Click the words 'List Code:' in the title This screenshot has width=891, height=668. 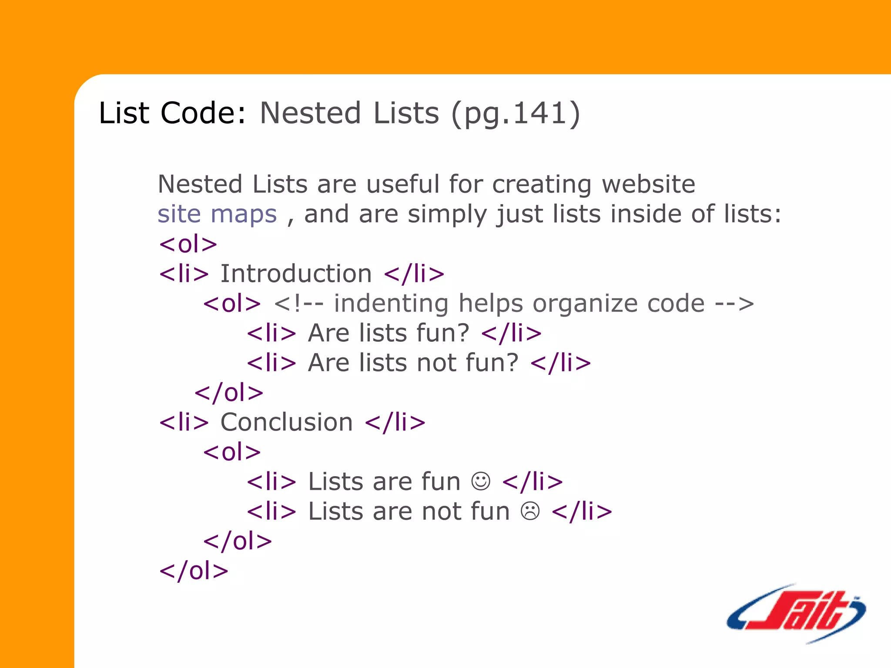[172, 113]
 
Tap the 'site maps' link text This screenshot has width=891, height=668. [217, 214]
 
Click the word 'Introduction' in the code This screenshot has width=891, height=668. [296, 274]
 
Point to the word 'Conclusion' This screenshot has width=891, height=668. [287, 422]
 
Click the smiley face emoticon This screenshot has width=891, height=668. [481, 481]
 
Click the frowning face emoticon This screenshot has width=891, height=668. [530, 511]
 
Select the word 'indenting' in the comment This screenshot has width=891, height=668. [391, 303]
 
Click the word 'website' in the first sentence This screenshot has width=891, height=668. [648, 184]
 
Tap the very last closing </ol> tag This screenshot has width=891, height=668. [194, 571]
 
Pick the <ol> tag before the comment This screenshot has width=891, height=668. [232, 303]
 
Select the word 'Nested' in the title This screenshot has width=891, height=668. [310, 113]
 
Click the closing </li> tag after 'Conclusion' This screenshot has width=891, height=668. [395, 422]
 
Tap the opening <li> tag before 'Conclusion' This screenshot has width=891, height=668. [184, 422]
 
